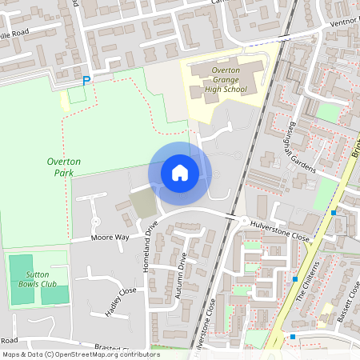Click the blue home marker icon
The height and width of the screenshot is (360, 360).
(180, 173)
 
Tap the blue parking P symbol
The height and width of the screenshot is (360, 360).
(86, 80)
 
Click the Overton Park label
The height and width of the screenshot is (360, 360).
(63, 166)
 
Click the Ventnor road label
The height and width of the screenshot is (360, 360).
(346, 22)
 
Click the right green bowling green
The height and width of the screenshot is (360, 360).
(54, 294)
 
